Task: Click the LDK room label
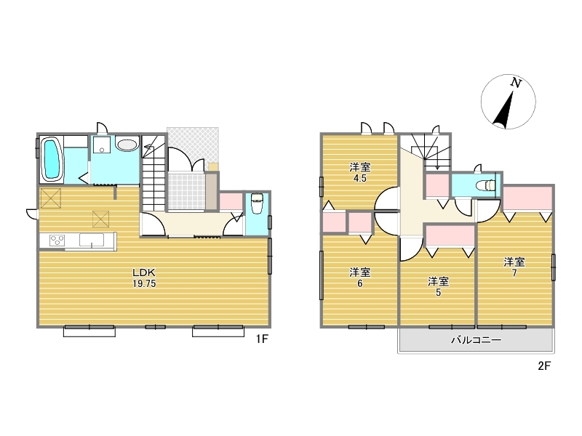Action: click(144, 273)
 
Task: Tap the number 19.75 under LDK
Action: click(144, 284)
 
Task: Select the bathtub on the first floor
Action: click(51, 160)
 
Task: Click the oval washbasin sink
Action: click(127, 145)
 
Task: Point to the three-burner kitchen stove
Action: click(57, 241)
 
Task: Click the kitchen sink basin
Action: click(91, 240)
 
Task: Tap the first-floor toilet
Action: click(257, 203)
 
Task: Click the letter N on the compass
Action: click(516, 83)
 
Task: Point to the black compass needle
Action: click(504, 110)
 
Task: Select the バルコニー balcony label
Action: click(477, 340)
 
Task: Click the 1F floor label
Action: click(262, 339)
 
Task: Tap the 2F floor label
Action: click(544, 366)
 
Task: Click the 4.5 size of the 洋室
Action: click(359, 178)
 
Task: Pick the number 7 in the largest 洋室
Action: click(514, 273)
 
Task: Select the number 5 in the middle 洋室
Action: click(438, 293)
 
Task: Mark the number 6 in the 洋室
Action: click(359, 283)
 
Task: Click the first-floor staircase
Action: click(154, 174)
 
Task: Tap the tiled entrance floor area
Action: click(186, 191)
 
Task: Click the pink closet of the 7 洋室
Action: click(527, 198)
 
